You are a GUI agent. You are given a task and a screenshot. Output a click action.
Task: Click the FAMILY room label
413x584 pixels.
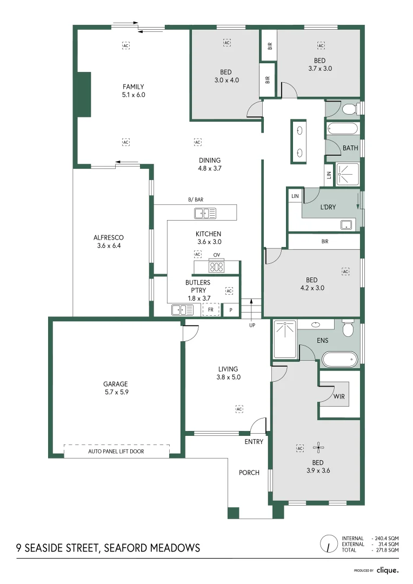click(x=133, y=87)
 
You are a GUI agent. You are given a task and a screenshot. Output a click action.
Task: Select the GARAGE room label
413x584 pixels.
click(x=116, y=384)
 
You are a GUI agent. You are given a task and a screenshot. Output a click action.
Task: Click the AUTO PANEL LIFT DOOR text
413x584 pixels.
click(x=116, y=451)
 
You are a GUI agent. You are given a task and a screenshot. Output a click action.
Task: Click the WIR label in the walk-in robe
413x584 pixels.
click(x=339, y=396)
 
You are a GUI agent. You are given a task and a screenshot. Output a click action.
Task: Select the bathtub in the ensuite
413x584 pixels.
click(x=339, y=359)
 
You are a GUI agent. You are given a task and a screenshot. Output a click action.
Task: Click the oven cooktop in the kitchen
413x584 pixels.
click(x=217, y=266)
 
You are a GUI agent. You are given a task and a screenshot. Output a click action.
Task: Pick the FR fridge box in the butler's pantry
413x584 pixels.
click(x=211, y=310)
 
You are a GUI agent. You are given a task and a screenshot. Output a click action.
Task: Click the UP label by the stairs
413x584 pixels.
click(x=252, y=326)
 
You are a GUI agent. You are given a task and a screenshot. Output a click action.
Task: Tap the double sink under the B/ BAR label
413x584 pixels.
click(x=205, y=214)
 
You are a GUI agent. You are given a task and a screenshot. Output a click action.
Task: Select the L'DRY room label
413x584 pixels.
click(x=329, y=207)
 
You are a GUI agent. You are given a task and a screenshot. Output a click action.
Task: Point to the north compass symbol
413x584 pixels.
click(x=327, y=543)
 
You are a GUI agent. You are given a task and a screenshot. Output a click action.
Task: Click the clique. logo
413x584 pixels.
click(x=388, y=570)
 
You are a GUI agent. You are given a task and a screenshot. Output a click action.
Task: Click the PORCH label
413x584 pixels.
click(x=249, y=473)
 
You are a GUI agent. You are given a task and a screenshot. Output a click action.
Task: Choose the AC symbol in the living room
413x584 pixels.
click(x=239, y=409)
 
